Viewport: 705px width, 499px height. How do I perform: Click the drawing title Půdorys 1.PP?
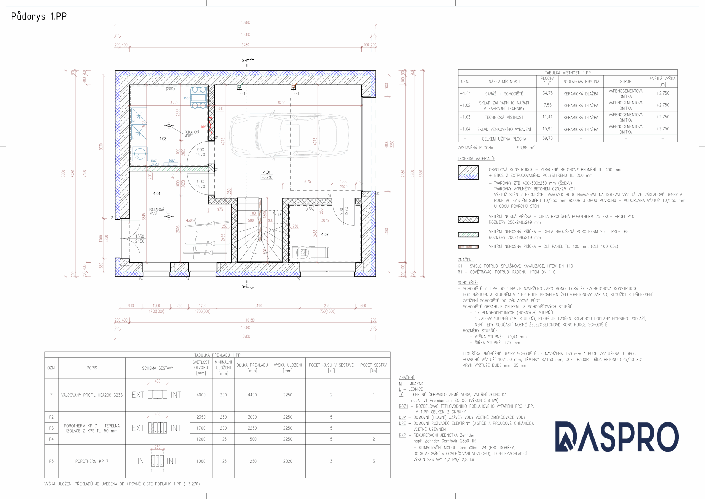pyautogui.click(x=39, y=16)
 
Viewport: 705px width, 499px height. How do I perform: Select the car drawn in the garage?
pyautogui.click(x=289, y=136)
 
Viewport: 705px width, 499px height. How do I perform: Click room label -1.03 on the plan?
pyautogui.click(x=162, y=139)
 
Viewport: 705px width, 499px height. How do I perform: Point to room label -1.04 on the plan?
pyautogui.click(x=156, y=194)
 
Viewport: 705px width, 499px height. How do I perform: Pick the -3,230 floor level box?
pyautogui.click(x=267, y=177)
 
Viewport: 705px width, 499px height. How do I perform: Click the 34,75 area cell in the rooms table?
pyautogui.click(x=547, y=93)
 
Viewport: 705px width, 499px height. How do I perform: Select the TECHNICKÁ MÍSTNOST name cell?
pyautogui.click(x=504, y=117)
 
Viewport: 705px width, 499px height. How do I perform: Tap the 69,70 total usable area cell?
pyautogui.click(x=547, y=138)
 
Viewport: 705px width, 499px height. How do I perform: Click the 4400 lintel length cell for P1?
pyautogui.click(x=252, y=395)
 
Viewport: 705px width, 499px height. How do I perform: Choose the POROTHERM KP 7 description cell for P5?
pyautogui.click(x=92, y=461)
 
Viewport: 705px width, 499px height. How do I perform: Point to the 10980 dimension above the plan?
pyautogui.click(x=245, y=22)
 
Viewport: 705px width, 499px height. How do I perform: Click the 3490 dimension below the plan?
pyautogui.click(x=258, y=306)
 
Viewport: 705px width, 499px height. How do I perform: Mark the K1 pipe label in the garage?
pyautogui.click(x=297, y=93)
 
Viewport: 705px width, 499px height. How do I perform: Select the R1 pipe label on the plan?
pyautogui.click(x=243, y=93)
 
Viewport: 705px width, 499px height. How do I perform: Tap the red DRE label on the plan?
pyautogui.click(x=204, y=127)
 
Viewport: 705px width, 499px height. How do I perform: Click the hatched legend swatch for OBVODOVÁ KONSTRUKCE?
pyautogui.click(x=468, y=172)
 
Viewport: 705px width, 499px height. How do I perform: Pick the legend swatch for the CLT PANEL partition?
pyautogui.click(x=468, y=246)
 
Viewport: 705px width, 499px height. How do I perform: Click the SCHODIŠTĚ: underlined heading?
pyautogui.click(x=468, y=283)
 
